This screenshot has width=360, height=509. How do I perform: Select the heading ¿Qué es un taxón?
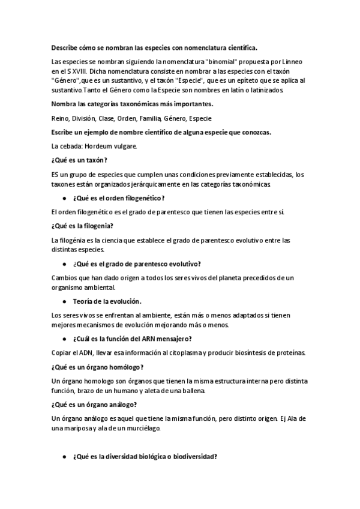click(80, 160)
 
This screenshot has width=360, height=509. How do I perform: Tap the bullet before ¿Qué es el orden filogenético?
click(64, 198)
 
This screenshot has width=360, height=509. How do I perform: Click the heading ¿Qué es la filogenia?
click(83, 226)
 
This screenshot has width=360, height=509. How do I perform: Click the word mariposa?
click(79, 429)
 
